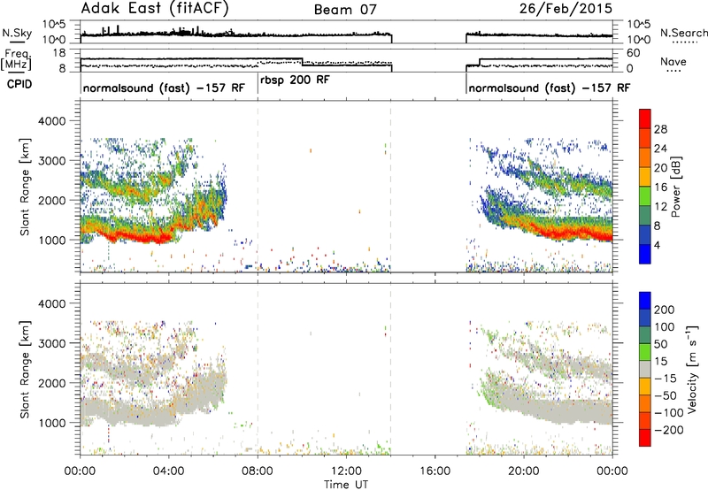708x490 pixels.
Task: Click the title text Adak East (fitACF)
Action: point(155,9)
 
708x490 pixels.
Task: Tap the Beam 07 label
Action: point(345,10)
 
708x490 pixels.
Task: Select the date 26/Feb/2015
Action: point(566,9)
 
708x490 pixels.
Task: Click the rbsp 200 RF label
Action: point(295,80)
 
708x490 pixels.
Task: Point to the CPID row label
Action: point(19,84)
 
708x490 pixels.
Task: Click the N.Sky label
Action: point(17,33)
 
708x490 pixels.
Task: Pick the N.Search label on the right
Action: point(683,33)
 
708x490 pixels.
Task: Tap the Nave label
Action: point(673,61)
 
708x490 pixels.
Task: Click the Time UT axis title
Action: point(346,484)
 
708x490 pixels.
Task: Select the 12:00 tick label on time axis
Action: point(346,471)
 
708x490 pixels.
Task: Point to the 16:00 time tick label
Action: point(435,471)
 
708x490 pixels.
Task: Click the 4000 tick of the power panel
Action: point(52,121)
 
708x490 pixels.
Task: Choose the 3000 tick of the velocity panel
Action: point(52,343)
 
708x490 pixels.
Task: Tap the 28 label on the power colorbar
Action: point(660,129)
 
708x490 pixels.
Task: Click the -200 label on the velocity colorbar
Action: point(668,430)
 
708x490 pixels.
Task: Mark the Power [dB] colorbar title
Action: point(675,187)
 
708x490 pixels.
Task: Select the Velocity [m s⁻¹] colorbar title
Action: point(692,369)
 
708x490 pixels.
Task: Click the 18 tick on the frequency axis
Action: point(59,53)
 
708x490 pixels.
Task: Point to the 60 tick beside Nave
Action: point(634,53)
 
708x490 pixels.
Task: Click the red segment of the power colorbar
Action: point(645,119)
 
